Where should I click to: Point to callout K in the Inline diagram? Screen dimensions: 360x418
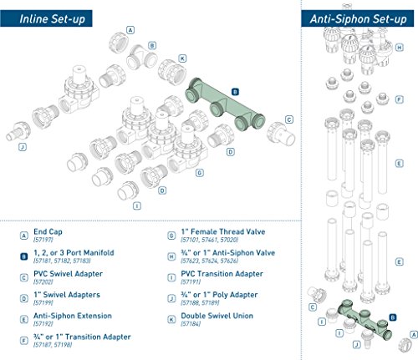(182, 58)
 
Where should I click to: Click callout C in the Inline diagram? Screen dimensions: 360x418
(288, 119)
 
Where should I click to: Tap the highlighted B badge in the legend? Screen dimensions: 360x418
(23, 254)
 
